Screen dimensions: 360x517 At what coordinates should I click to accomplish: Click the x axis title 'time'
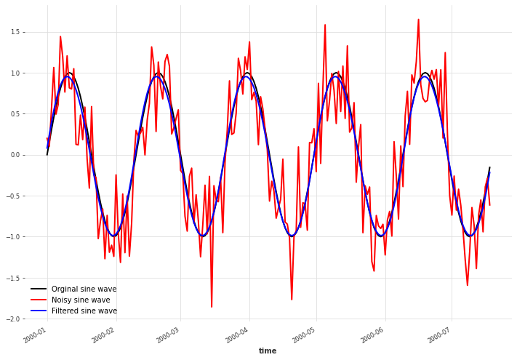268,351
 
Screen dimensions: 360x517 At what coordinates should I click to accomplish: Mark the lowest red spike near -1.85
212,307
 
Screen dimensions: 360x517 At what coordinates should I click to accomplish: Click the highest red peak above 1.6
419,20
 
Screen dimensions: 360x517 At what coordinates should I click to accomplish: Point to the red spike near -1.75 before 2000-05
292,299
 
